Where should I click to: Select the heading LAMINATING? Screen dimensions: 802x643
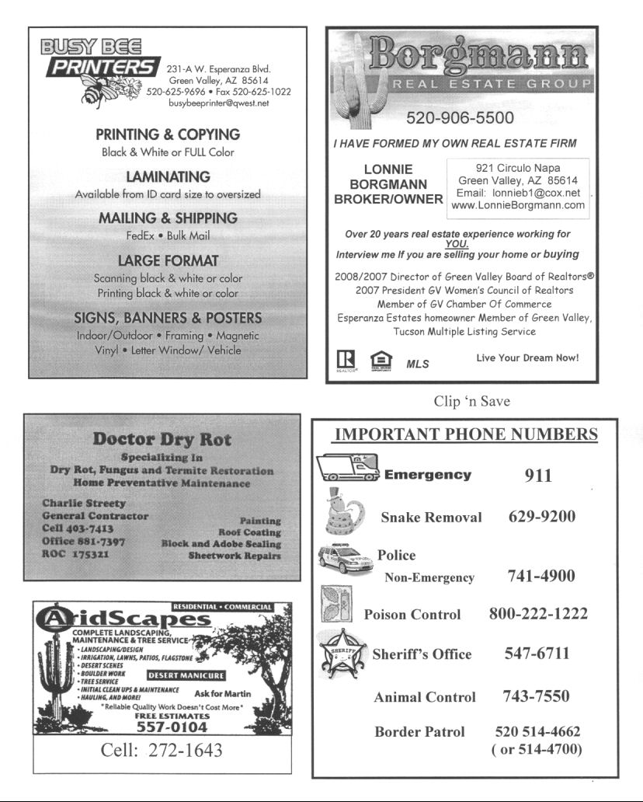click(168, 177)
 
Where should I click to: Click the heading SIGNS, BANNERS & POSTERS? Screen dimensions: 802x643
click(168, 318)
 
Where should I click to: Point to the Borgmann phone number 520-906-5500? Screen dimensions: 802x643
click(460, 118)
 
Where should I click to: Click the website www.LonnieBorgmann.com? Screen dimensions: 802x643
click(518, 205)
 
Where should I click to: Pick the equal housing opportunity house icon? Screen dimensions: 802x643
click(381, 361)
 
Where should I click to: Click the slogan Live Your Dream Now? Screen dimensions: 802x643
click(527, 358)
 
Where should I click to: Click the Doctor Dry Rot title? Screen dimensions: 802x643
click(162, 439)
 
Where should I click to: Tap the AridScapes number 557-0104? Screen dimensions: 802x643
click(172, 727)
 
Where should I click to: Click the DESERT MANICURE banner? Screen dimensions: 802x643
click(186, 675)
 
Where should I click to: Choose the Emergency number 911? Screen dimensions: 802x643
click(537, 475)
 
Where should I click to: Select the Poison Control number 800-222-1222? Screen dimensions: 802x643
click(537, 614)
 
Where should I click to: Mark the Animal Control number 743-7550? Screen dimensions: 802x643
click(536, 696)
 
